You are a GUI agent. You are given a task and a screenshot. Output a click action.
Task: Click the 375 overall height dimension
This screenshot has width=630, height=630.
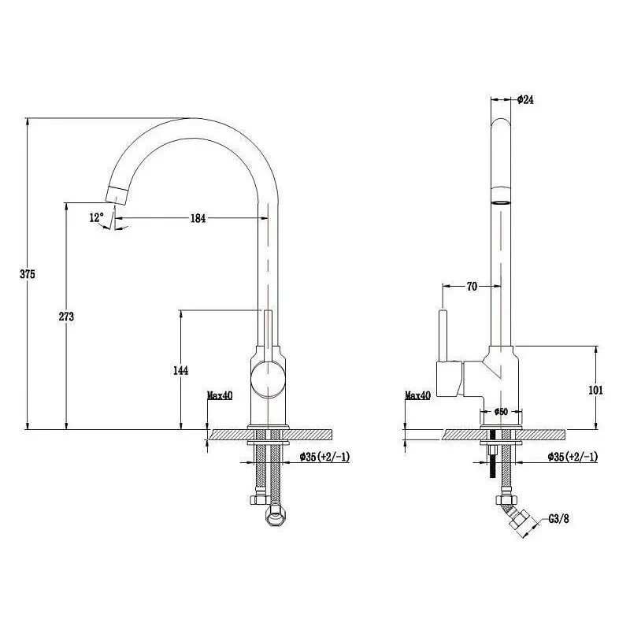tap(28, 274)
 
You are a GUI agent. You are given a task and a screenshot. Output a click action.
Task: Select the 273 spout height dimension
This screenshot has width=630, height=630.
tap(66, 317)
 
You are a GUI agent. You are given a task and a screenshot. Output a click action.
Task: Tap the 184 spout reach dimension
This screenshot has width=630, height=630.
tap(198, 218)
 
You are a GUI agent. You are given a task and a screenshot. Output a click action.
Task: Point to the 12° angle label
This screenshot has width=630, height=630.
tap(96, 217)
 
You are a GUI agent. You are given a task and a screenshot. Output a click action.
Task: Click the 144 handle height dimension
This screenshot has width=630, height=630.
tap(181, 370)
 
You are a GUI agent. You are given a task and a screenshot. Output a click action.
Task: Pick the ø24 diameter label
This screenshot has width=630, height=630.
tap(525, 99)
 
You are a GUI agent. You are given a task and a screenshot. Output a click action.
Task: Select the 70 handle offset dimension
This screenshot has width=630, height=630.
tap(472, 286)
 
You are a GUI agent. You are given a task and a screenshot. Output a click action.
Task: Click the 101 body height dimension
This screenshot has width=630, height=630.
tap(596, 390)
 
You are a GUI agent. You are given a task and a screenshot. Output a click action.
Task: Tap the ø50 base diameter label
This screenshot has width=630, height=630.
tap(501, 411)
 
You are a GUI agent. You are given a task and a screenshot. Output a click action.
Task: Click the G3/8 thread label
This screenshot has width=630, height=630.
tap(559, 519)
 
